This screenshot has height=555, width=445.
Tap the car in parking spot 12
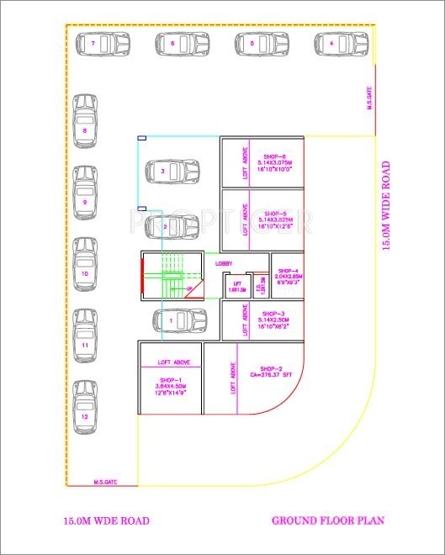point(85,410)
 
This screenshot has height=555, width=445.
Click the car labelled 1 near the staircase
point(178,320)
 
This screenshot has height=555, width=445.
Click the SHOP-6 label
point(275,156)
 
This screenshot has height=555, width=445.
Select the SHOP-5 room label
point(275,214)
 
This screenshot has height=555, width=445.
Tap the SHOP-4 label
point(287,268)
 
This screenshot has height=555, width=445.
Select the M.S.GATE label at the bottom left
point(104,483)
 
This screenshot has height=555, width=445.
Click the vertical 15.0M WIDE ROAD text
point(386,206)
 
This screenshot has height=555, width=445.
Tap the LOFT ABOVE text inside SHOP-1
point(174,362)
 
